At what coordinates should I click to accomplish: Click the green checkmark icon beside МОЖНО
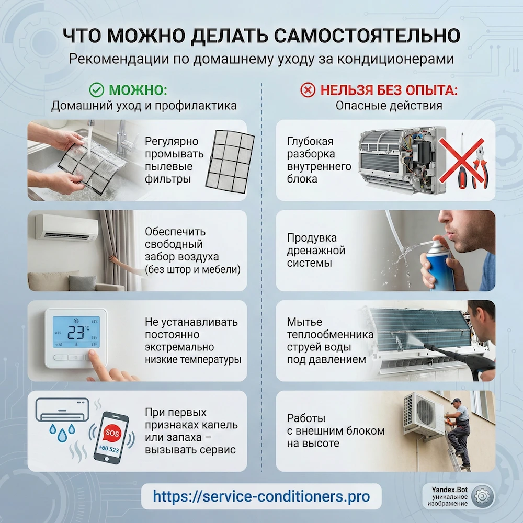point(97,90)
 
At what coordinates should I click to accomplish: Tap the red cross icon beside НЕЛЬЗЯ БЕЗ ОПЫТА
point(308,90)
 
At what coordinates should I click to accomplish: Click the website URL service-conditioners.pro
point(261,496)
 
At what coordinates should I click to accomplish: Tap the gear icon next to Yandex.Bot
point(482,496)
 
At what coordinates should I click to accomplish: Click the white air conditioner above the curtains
point(67,227)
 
